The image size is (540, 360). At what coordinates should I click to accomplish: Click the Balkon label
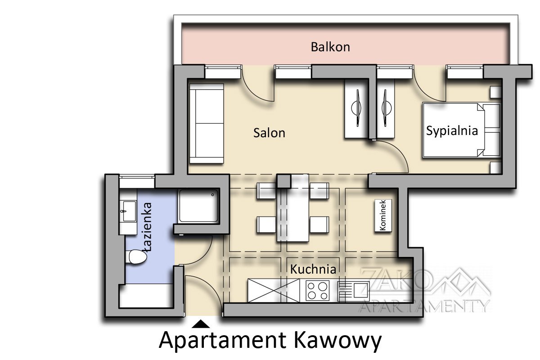tap(330, 47)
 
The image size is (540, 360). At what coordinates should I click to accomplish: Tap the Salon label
tap(269, 133)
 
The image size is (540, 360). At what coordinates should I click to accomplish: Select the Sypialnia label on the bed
tap(452, 131)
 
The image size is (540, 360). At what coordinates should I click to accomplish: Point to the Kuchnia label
tap(313, 269)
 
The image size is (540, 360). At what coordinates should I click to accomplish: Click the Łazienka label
tap(147, 227)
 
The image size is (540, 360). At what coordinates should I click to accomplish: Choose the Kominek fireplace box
tap(383, 216)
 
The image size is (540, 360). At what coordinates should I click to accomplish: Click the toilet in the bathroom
tap(137, 256)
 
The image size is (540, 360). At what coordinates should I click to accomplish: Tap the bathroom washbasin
tap(129, 211)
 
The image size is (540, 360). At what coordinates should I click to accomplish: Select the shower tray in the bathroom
tap(198, 206)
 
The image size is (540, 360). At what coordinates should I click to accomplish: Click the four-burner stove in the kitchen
tap(318, 291)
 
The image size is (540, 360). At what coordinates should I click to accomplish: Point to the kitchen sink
tap(354, 291)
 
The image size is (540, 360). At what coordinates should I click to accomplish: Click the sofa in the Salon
tap(207, 123)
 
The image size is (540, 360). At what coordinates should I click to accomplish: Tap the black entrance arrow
tap(201, 324)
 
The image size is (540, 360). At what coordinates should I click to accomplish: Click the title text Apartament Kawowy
tap(270, 341)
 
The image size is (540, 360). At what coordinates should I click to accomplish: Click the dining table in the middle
tap(293, 208)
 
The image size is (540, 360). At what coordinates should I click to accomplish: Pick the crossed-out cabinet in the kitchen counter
tap(274, 291)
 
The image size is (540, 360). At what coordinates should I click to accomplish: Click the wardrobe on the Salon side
tap(357, 108)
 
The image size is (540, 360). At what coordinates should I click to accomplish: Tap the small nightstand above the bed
tap(496, 92)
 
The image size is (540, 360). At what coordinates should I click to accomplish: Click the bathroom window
tap(137, 177)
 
